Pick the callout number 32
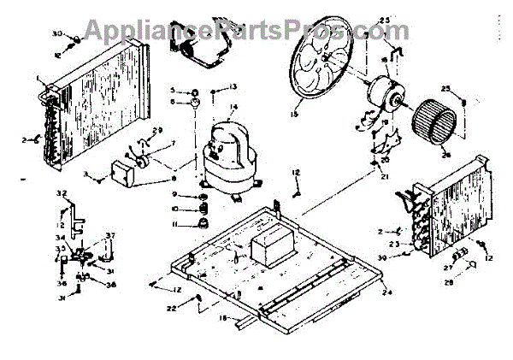tap(61, 194)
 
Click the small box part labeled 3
tap(125, 174)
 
